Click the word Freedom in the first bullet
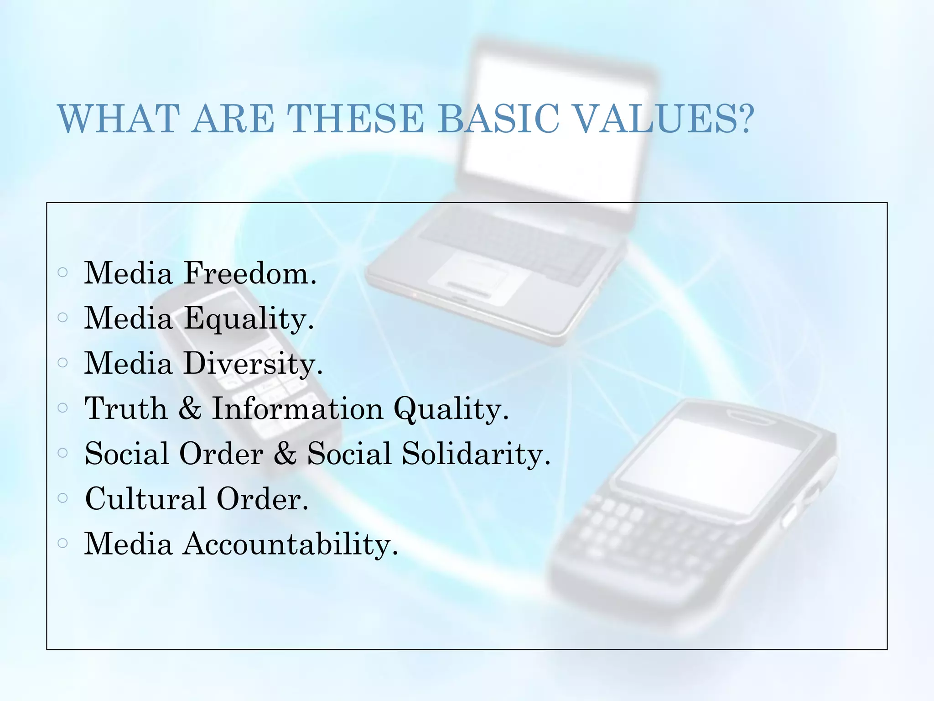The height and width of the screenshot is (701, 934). click(x=249, y=273)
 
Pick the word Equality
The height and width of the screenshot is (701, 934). click(x=249, y=319)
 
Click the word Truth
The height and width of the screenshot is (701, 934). click(x=126, y=408)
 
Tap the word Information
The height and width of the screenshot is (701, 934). click(x=297, y=408)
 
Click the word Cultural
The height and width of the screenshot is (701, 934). click(x=145, y=498)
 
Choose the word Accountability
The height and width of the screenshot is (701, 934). click(x=290, y=544)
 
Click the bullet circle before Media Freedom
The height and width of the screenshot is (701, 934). click(x=63, y=272)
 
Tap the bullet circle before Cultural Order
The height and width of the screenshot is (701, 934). click(x=63, y=497)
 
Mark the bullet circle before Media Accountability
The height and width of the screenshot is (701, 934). click(x=63, y=543)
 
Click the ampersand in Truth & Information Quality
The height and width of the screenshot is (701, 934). click(x=190, y=408)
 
